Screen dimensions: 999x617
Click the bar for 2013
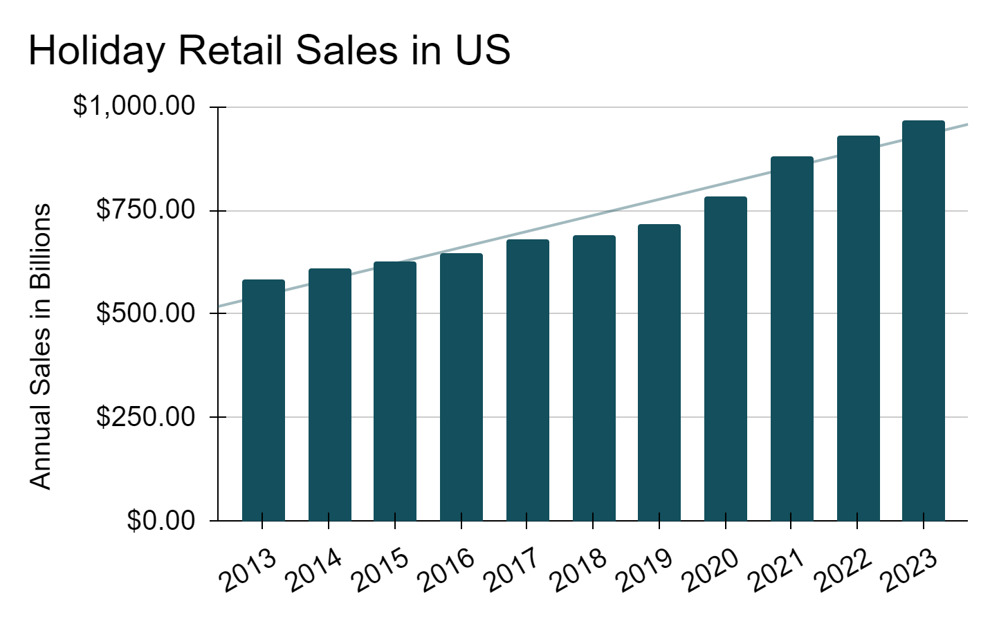(x=264, y=400)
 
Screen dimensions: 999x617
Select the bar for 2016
(x=461, y=387)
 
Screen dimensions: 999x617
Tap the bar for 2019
(x=659, y=372)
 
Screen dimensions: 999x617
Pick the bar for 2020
(x=726, y=358)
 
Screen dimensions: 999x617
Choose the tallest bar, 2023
(x=923, y=320)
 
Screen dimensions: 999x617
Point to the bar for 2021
(x=791, y=338)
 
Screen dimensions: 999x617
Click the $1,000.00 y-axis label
(x=134, y=106)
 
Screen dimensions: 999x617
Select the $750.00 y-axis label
(x=146, y=210)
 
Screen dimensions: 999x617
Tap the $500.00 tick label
(x=146, y=313)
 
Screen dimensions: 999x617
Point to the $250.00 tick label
(x=146, y=416)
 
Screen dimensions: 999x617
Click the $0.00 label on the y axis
(x=161, y=519)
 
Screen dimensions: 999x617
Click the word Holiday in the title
(x=97, y=51)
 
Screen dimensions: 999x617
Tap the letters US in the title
(x=483, y=50)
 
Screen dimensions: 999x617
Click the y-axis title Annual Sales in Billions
(x=40, y=347)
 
